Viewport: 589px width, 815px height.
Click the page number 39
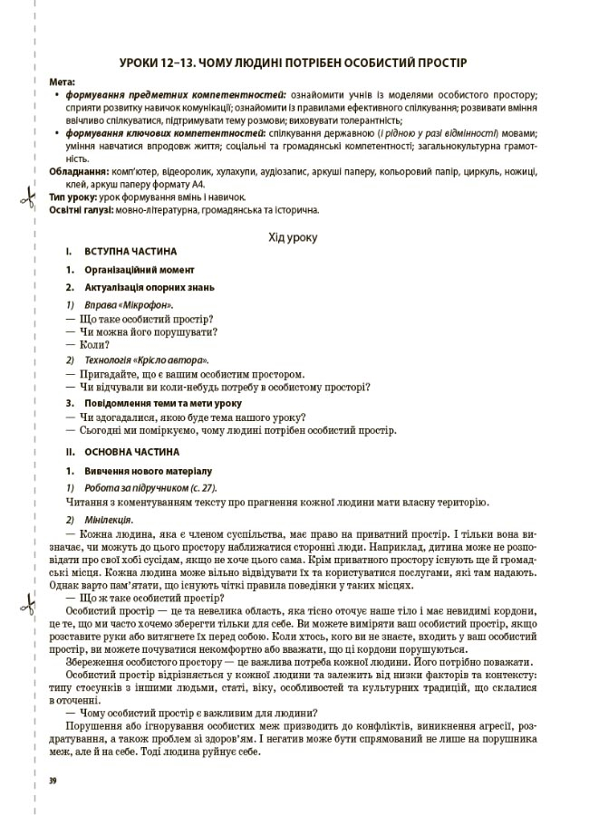[x=53, y=778]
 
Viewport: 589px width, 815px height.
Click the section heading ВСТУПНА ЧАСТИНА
[x=130, y=251]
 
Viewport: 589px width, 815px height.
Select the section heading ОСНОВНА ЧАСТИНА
[x=131, y=450]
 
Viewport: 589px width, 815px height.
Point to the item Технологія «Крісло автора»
[x=144, y=360]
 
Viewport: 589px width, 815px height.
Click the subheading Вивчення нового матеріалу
[x=149, y=471]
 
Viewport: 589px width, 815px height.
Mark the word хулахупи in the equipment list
[x=229, y=169]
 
